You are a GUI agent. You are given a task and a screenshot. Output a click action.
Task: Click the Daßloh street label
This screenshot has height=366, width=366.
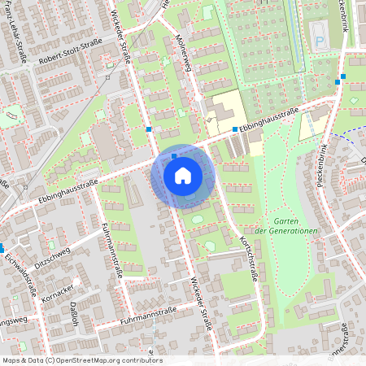point(73,314)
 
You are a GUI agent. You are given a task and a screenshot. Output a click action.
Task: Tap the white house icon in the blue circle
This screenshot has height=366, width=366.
point(183,176)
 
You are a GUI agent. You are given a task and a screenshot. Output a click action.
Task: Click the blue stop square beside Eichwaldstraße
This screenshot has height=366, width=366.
point(2,248)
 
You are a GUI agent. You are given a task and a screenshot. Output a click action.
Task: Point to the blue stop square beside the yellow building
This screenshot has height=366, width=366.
point(235,129)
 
